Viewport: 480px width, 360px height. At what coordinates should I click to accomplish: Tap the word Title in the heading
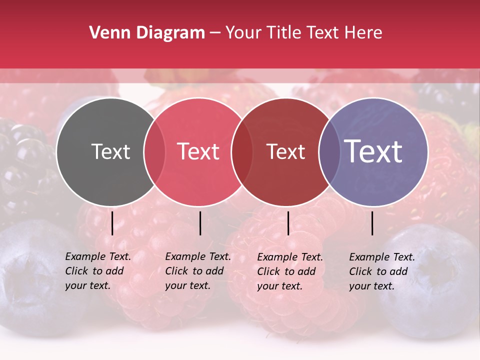click(284, 33)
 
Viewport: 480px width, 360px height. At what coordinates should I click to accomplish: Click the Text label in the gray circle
click(110, 151)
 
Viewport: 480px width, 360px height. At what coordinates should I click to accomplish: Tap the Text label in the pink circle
click(198, 151)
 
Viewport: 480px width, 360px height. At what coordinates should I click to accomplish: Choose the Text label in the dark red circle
click(285, 151)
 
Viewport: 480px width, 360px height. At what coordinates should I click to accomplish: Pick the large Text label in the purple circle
click(373, 151)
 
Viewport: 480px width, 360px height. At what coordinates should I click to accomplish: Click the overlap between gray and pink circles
click(154, 152)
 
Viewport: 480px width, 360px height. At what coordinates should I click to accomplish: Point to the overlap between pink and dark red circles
click(242, 152)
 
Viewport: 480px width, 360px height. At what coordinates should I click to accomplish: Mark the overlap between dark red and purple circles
click(329, 152)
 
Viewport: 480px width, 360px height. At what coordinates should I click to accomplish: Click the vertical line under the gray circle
click(112, 223)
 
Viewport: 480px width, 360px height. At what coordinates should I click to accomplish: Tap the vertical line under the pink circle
click(200, 223)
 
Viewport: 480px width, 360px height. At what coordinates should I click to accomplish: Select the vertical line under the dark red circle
click(288, 223)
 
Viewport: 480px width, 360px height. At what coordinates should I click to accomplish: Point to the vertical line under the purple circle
click(372, 223)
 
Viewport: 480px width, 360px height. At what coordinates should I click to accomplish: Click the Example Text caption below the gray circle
click(97, 271)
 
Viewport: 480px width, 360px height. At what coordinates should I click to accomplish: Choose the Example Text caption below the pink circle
click(197, 271)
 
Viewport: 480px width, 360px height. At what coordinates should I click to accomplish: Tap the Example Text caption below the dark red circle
click(289, 271)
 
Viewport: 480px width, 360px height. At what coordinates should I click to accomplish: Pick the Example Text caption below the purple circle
click(381, 271)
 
